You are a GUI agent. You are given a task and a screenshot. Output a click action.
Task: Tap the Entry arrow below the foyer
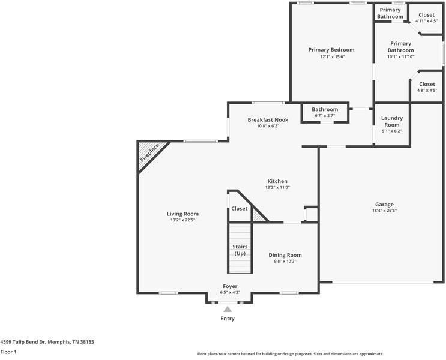pyautogui.click(x=228, y=309)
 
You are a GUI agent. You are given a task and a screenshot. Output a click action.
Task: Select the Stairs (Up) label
pyautogui.click(x=240, y=250)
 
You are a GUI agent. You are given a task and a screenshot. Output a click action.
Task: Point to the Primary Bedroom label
pyautogui.click(x=331, y=50)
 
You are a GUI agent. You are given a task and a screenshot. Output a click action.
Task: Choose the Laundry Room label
pyautogui.click(x=392, y=121)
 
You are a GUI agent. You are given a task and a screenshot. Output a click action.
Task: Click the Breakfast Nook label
pyautogui.click(x=268, y=119)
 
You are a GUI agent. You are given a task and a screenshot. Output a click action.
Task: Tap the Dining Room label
pyautogui.click(x=285, y=255)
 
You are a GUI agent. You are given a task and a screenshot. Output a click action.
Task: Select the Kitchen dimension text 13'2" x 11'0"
pyautogui.click(x=277, y=187)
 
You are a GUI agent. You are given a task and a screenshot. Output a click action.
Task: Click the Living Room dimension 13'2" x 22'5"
pyautogui.click(x=182, y=220)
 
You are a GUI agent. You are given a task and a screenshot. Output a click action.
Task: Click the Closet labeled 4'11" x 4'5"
pyautogui.click(x=426, y=21)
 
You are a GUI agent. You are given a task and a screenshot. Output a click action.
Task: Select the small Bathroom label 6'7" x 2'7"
pyautogui.click(x=325, y=115)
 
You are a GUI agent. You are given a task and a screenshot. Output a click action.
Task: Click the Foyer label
pyautogui.click(x=230, y=286)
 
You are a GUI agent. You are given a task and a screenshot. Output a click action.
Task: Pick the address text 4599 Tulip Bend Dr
pyautogui.click(x=47, y=342)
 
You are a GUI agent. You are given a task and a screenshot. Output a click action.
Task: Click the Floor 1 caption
pyautogui.click(x=8, y=352)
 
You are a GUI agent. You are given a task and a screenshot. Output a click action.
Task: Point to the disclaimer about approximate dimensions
pyautogui.click(x=290, y=354)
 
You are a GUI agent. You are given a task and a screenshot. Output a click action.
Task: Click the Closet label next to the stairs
pyautogui.click(x=240, y=209)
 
